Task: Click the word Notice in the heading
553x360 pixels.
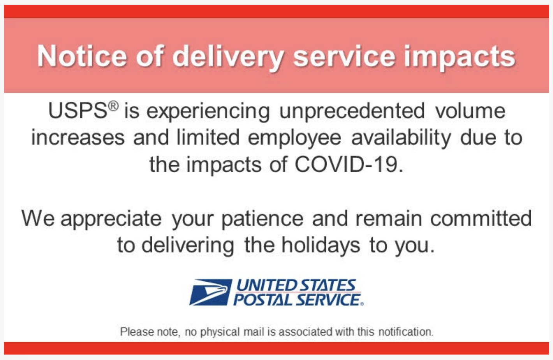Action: [82, 56]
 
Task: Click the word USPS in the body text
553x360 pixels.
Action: [78, 111]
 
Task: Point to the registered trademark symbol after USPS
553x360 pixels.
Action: [114, 106]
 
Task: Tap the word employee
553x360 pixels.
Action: [294, 139]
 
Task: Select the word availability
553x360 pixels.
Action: [401, 139]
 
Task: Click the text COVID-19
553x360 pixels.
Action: [349, 165]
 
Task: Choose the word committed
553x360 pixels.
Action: [481, 218]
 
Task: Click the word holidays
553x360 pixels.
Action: [321, 246]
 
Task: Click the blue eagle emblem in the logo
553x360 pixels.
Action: [211, 292]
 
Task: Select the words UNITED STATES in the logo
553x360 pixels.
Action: [296, 286]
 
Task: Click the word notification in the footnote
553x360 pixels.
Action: [406, 332]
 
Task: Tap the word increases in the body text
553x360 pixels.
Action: [78, 138]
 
